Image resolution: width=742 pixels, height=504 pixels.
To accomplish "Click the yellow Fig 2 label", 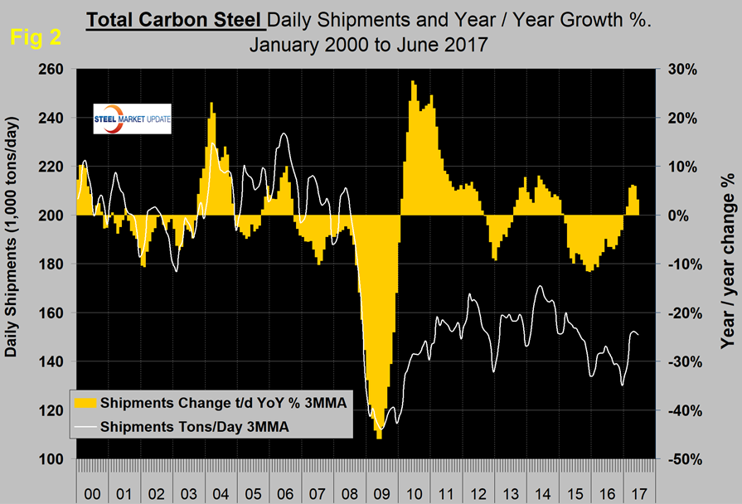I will pos(30,37).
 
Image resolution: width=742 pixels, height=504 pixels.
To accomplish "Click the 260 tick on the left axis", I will pos(58,70).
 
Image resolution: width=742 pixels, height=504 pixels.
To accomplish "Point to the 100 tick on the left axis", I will pos(58,459).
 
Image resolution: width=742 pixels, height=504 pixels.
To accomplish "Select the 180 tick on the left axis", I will pos(58,264).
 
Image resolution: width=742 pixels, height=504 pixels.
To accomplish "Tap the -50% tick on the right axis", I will pos(680,459).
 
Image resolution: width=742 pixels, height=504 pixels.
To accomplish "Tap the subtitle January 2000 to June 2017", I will pos(369,44).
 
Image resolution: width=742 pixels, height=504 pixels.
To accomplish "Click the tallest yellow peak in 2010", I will pos(413,82).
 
